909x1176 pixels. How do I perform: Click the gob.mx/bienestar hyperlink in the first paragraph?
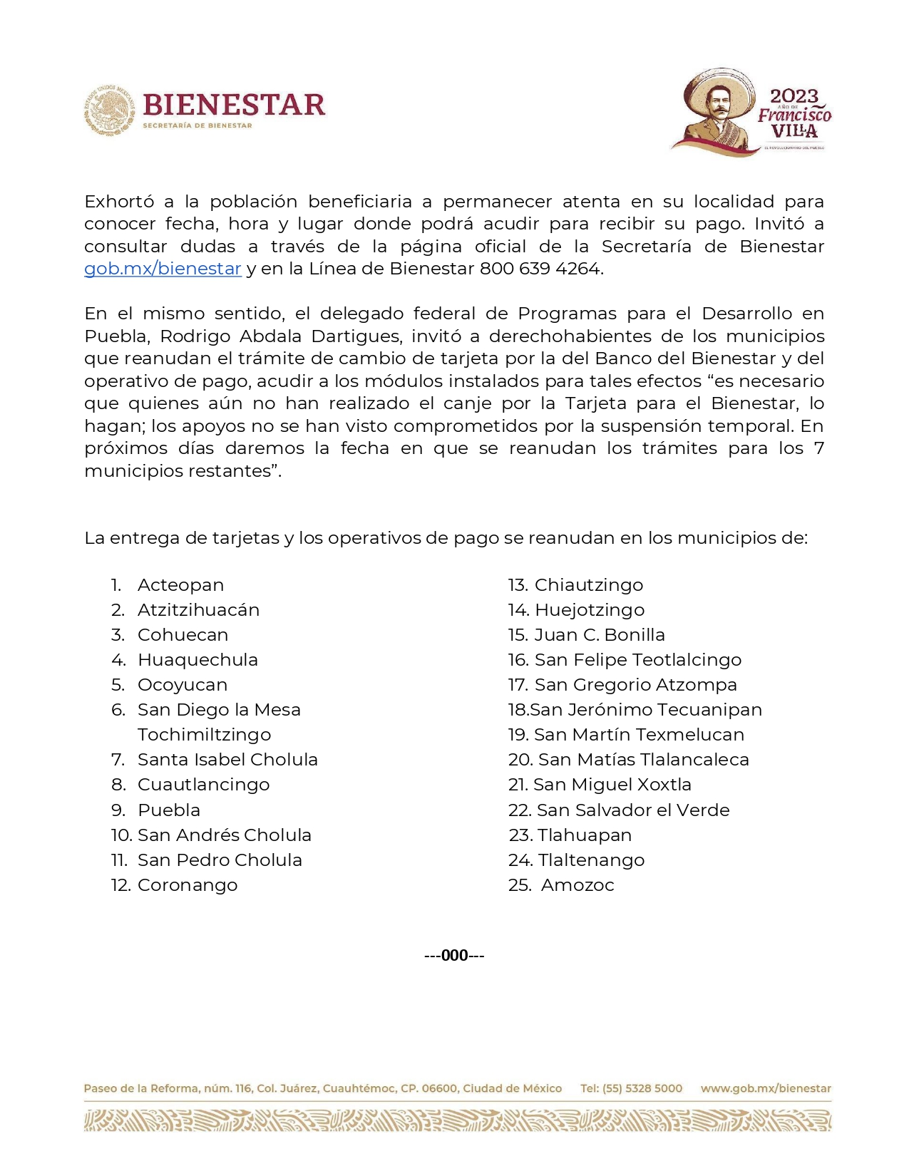163,269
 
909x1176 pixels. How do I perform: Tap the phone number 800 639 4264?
541,269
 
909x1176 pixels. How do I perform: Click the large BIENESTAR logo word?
234,105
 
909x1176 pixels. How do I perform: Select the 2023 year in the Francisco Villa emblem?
794,96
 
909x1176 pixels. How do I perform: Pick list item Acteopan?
180,585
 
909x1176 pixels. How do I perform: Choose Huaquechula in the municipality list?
197,660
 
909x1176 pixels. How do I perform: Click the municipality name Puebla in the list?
169,810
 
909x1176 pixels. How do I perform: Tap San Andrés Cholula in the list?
224,835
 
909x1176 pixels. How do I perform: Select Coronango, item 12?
188,885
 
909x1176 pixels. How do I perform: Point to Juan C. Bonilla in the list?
600,635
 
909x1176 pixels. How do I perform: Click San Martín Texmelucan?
639,735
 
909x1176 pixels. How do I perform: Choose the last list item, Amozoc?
577,885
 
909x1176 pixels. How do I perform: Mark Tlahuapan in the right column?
585,835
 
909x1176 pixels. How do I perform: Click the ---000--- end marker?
454,956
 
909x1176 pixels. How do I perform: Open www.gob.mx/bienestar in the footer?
766,1088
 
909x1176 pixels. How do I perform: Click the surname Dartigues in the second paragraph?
356,336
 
